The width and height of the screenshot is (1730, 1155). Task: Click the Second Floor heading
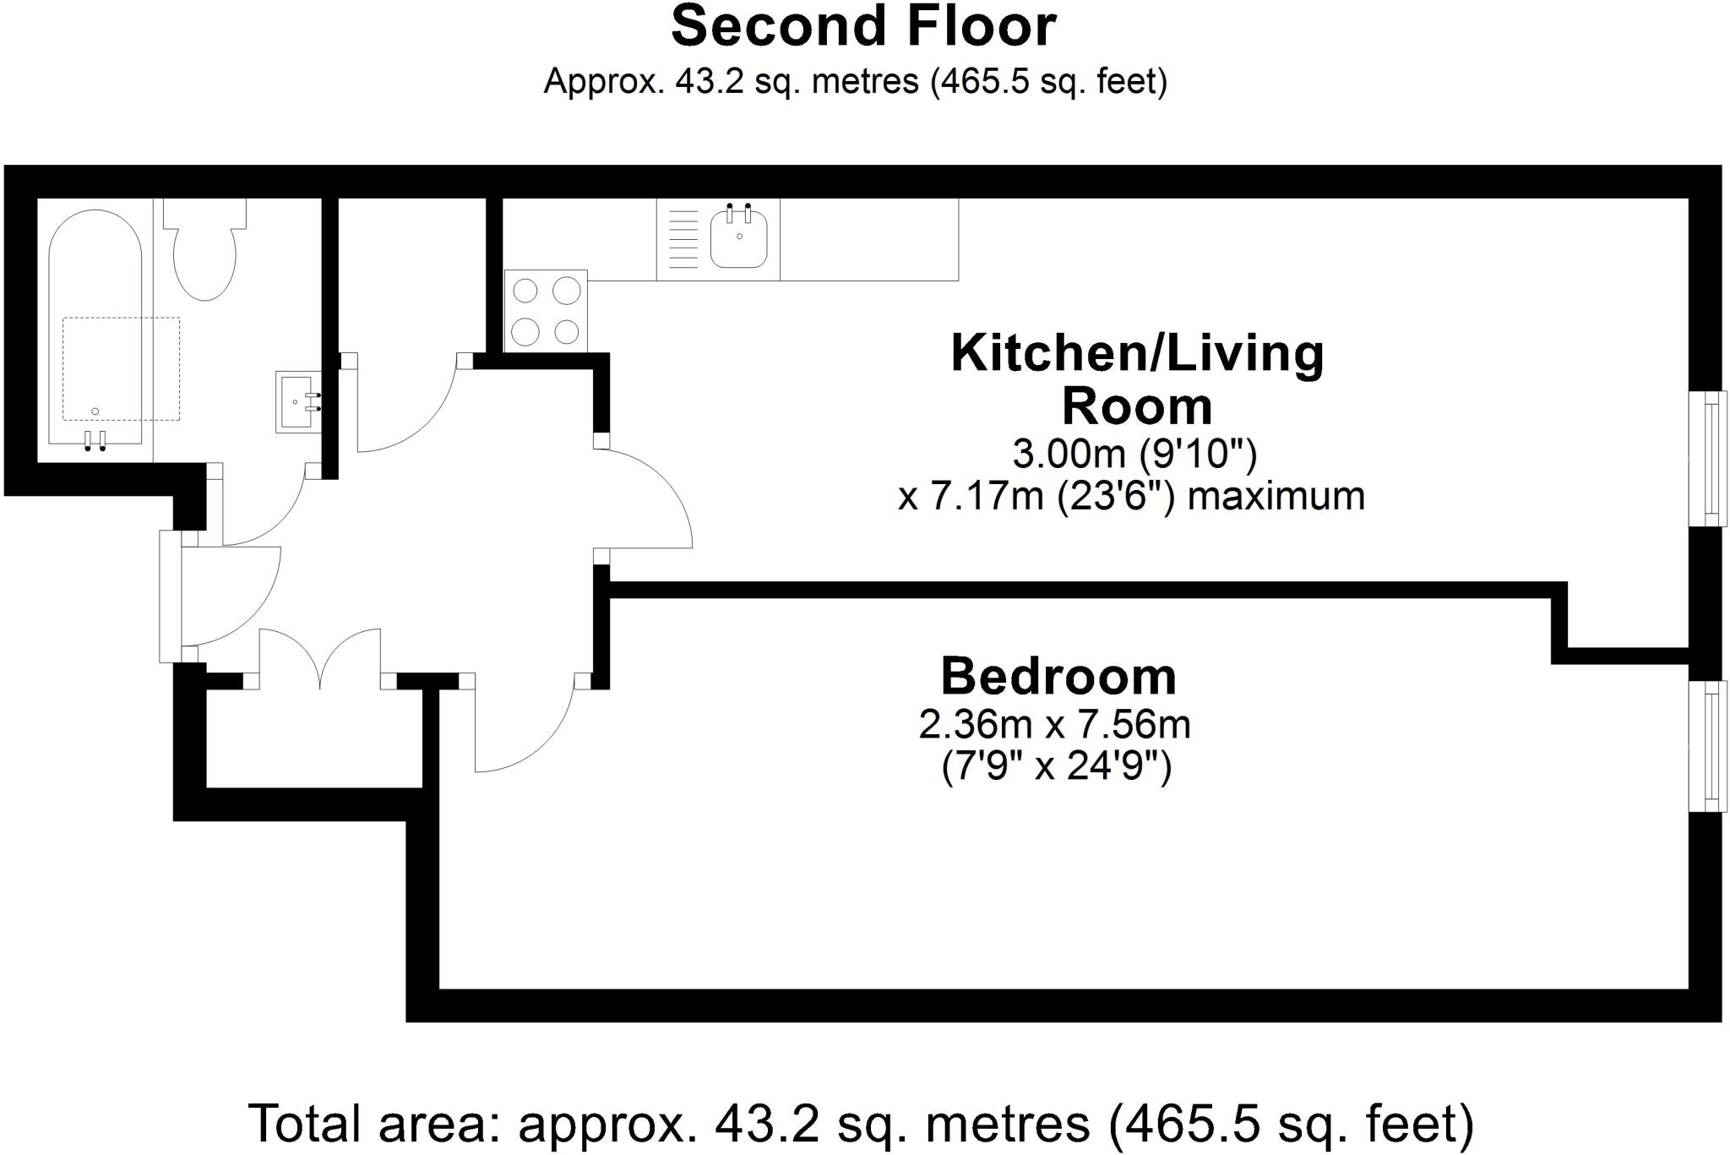coord(863,27)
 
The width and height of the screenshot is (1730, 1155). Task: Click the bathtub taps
coord(95,440)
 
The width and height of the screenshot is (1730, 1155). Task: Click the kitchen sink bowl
coord(739,238)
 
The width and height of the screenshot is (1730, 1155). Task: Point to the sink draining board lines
coord(683,238)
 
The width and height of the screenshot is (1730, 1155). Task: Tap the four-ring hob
coord(546,310)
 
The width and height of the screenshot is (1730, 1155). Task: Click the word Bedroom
coord(1058,677)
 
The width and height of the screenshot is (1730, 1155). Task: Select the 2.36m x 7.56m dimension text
coord(1054,725)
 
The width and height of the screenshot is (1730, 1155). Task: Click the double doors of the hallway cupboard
coord(319,659)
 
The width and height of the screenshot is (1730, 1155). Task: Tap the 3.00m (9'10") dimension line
coord(1134,455)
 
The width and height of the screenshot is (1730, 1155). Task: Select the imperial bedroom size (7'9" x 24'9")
coord(1056,768)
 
